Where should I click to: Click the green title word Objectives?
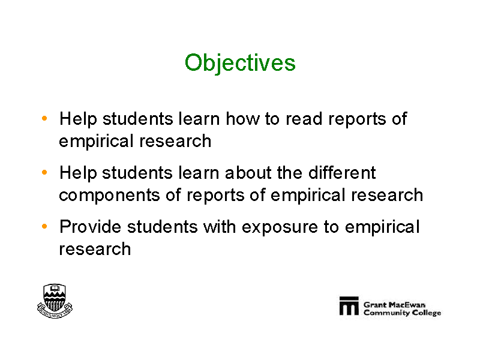tap(240, 64)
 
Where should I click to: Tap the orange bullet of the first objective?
tap(44, 118)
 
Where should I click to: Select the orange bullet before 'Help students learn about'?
tap(44, 172)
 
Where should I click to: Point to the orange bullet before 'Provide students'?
tap(44, 227)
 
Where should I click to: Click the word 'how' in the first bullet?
tap(242, 118)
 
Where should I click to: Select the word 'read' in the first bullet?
tap(304, 118)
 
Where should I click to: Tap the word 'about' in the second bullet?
tap(248, 173)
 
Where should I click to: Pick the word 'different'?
tap(342, 173)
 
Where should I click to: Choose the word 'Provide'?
tap(91, 227)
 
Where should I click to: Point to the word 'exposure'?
tap(280, 228)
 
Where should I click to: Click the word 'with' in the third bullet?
tap(220, 227)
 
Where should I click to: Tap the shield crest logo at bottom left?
tap(55, 301)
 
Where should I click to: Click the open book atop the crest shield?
tap(55, 289)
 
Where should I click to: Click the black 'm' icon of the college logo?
tap(349, 305)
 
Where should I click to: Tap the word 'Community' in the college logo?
tap(386, 313)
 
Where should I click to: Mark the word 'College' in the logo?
tap(427, 313)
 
